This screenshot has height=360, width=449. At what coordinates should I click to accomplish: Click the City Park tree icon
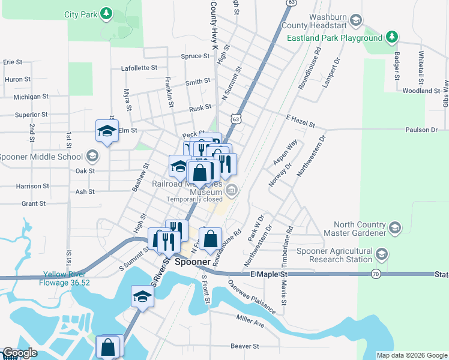tap(106, 13)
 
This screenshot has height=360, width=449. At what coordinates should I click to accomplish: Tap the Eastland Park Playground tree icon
tap(391, 38)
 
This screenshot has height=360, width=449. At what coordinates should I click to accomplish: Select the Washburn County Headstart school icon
tap(356, 22)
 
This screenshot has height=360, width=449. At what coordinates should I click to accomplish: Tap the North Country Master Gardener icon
tap(394, 227)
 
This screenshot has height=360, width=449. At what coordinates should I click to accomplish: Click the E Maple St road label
tap(269, 274)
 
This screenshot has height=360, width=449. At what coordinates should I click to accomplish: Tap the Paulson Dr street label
tap(421, 130)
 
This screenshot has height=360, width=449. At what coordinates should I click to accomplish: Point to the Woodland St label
tap(421, 91)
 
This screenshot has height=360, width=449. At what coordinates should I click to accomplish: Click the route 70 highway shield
tap(375, 274)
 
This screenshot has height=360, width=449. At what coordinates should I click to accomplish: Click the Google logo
tap(20, 353)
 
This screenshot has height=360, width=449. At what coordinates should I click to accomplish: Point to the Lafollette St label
tap(139, 68)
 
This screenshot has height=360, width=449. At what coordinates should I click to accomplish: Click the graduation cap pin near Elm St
tap(107, 131)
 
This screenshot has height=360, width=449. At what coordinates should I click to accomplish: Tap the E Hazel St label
tap(301, 122)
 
